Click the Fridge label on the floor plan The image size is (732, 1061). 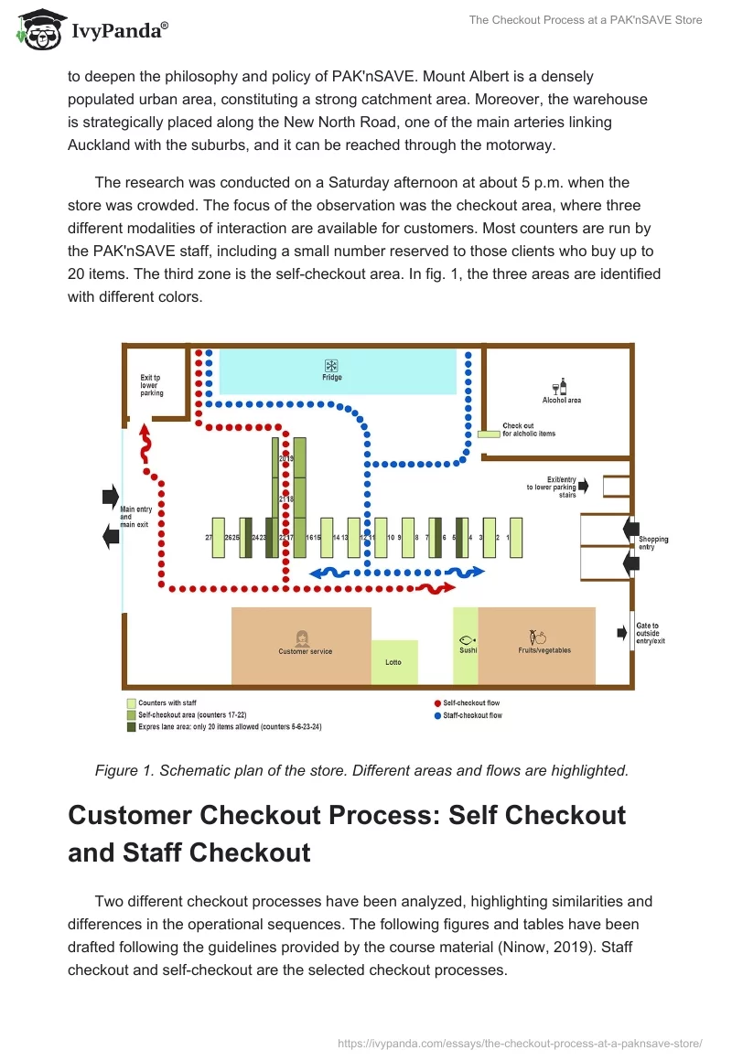point(332,378)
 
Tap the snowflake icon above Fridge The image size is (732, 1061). point(332,364)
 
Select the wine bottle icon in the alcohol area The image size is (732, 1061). point(561,387)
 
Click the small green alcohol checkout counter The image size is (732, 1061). point(488,434)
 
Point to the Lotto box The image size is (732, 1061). point(393,661)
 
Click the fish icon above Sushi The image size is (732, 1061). point(466,638)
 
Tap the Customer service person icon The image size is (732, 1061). point(301,638)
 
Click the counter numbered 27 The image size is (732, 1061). point(218,538)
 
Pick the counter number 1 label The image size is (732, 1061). point(515,538)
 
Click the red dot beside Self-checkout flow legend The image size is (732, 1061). point(436,703)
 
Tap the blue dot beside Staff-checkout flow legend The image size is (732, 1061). point(436,715)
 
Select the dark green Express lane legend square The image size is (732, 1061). point(131,727)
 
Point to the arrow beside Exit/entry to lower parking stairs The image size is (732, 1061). point(584,486)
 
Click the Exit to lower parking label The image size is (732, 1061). point(152,385)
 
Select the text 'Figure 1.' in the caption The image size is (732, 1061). point(124,770)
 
